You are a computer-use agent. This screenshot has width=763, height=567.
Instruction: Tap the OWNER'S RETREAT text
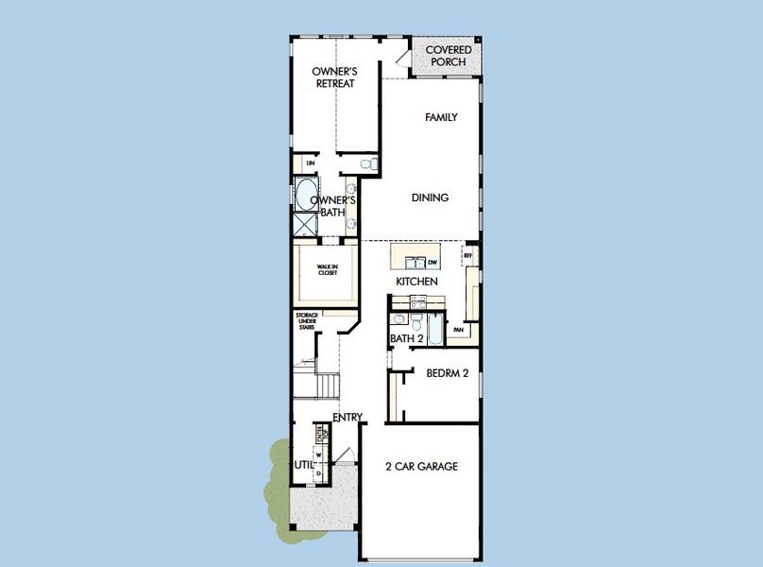click(333, 77)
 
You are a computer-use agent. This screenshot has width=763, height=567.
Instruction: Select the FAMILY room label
click(441, 117)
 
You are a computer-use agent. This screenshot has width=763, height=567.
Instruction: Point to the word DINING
click(430, 198)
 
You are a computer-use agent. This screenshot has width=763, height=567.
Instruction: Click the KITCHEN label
click(415, 282)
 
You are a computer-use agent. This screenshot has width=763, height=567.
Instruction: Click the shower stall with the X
click(305, 226)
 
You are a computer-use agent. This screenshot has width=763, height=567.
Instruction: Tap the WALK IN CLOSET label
click(327, 268)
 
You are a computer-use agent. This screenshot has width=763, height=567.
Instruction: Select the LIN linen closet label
click(310, 164)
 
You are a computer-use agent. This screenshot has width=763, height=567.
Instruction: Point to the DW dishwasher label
click(432, 262)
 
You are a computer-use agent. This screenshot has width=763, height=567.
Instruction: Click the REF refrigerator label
click(466, 255)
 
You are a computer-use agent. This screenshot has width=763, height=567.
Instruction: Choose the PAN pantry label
click(458, 330)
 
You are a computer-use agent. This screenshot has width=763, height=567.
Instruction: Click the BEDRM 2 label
click(447, 373)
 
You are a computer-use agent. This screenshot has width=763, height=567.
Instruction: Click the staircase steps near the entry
click(327, 386)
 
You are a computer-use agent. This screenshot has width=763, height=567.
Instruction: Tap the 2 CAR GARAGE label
click(421, 466)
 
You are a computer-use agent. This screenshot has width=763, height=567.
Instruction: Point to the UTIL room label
click(303, 465)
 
